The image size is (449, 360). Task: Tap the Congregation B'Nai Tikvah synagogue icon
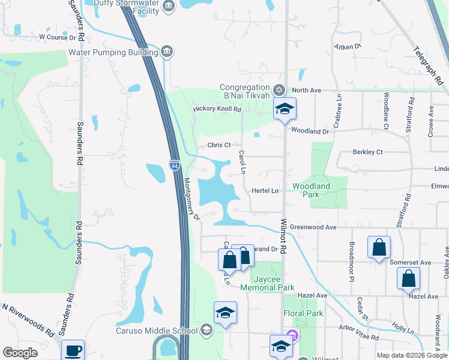pos(279,91)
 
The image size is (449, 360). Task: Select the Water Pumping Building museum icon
pos(167,52)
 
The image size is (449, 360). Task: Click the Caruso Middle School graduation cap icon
pos(206,331)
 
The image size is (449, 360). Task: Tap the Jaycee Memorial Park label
pos(267,283)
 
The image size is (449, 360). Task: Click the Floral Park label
pos(303,313)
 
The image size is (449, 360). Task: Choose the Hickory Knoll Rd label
pos(217,110)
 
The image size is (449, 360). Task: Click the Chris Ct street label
pos(219,145)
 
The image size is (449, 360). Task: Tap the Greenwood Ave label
pos(313,227)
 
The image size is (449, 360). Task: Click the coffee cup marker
pos(73,350)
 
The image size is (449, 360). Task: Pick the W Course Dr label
pos(59,37)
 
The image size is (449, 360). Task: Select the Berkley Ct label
pos(367,152)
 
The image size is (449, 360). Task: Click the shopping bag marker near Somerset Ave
pos(379,247)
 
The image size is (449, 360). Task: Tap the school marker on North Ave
pos(285,109)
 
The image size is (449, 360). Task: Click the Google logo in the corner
pos(20,353)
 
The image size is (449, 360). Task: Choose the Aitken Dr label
pos(348,46)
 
